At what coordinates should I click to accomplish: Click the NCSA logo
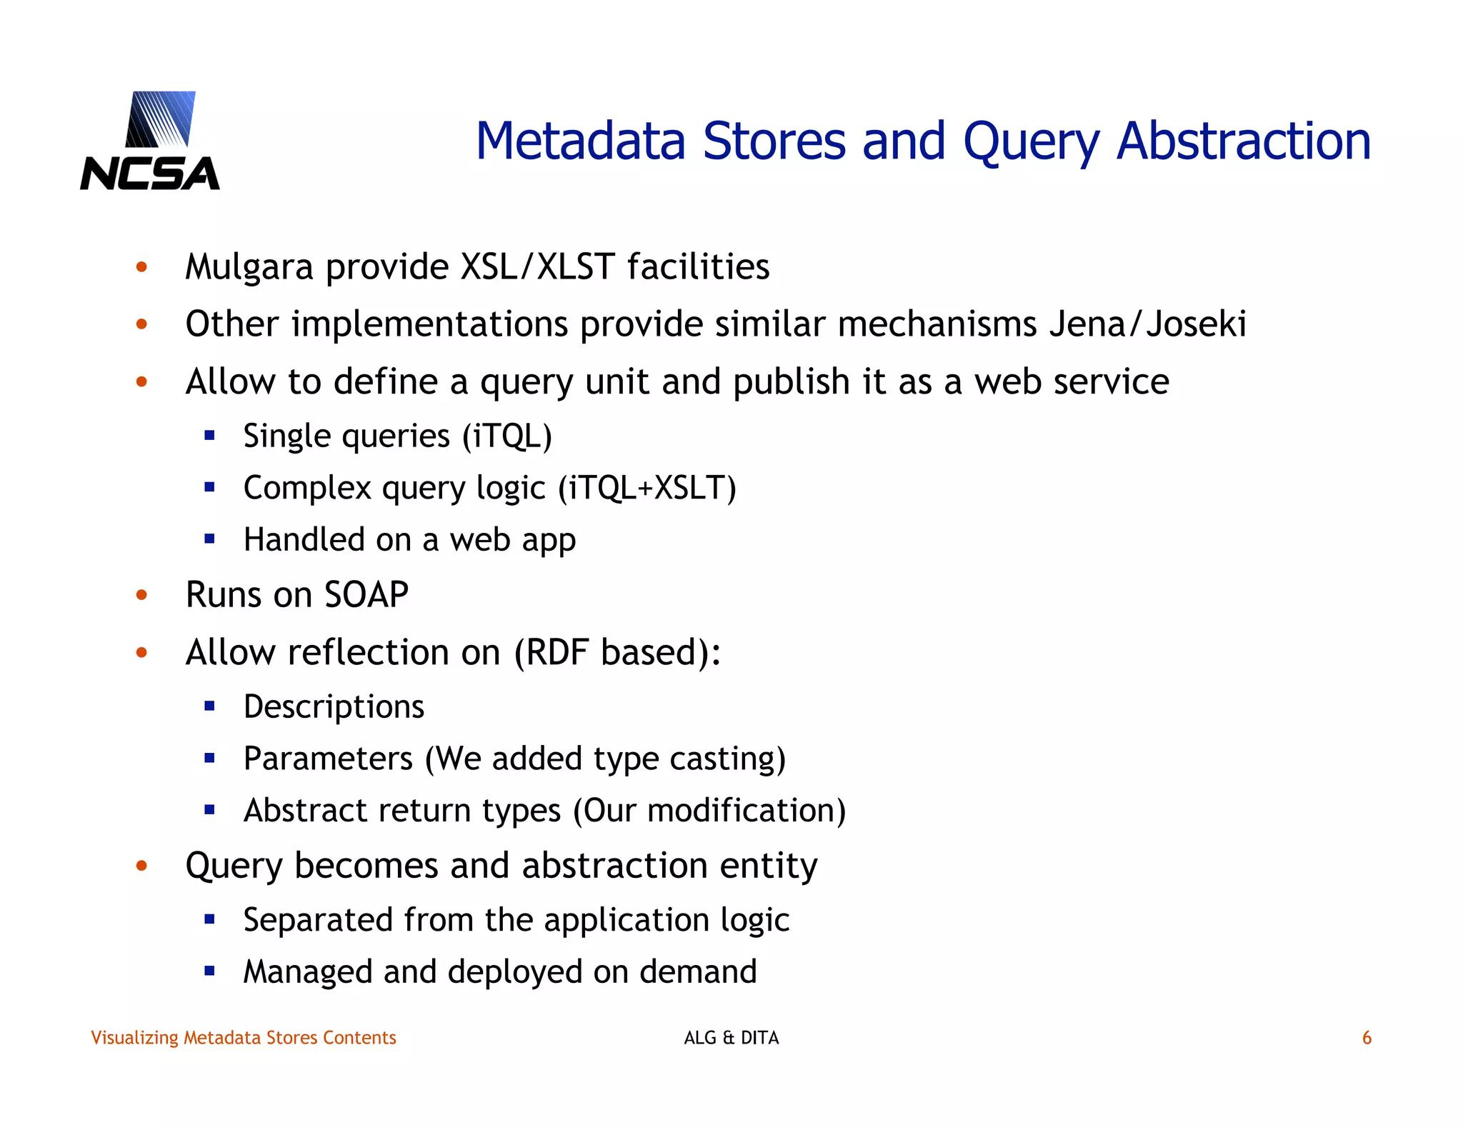point(150,141)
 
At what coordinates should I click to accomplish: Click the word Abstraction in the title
point(1243,141)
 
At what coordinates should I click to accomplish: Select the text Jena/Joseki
point(1147,324)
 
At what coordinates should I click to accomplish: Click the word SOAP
point(366,594)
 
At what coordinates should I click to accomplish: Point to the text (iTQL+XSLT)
point(646,488)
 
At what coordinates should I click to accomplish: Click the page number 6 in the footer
point(1367,1037)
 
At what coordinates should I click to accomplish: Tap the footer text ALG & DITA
point(731,1037)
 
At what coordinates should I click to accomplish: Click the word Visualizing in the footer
point(134,1037)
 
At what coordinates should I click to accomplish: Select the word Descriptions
point(334,706)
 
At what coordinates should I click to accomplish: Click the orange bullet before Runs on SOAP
point(141,594)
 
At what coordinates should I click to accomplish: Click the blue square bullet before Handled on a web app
point(209,539)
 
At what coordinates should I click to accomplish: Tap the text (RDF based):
point(617,652)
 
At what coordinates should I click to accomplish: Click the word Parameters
point(328,759)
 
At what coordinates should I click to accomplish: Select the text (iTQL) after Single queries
point(506,436)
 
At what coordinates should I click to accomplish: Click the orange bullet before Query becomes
point(141,866)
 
